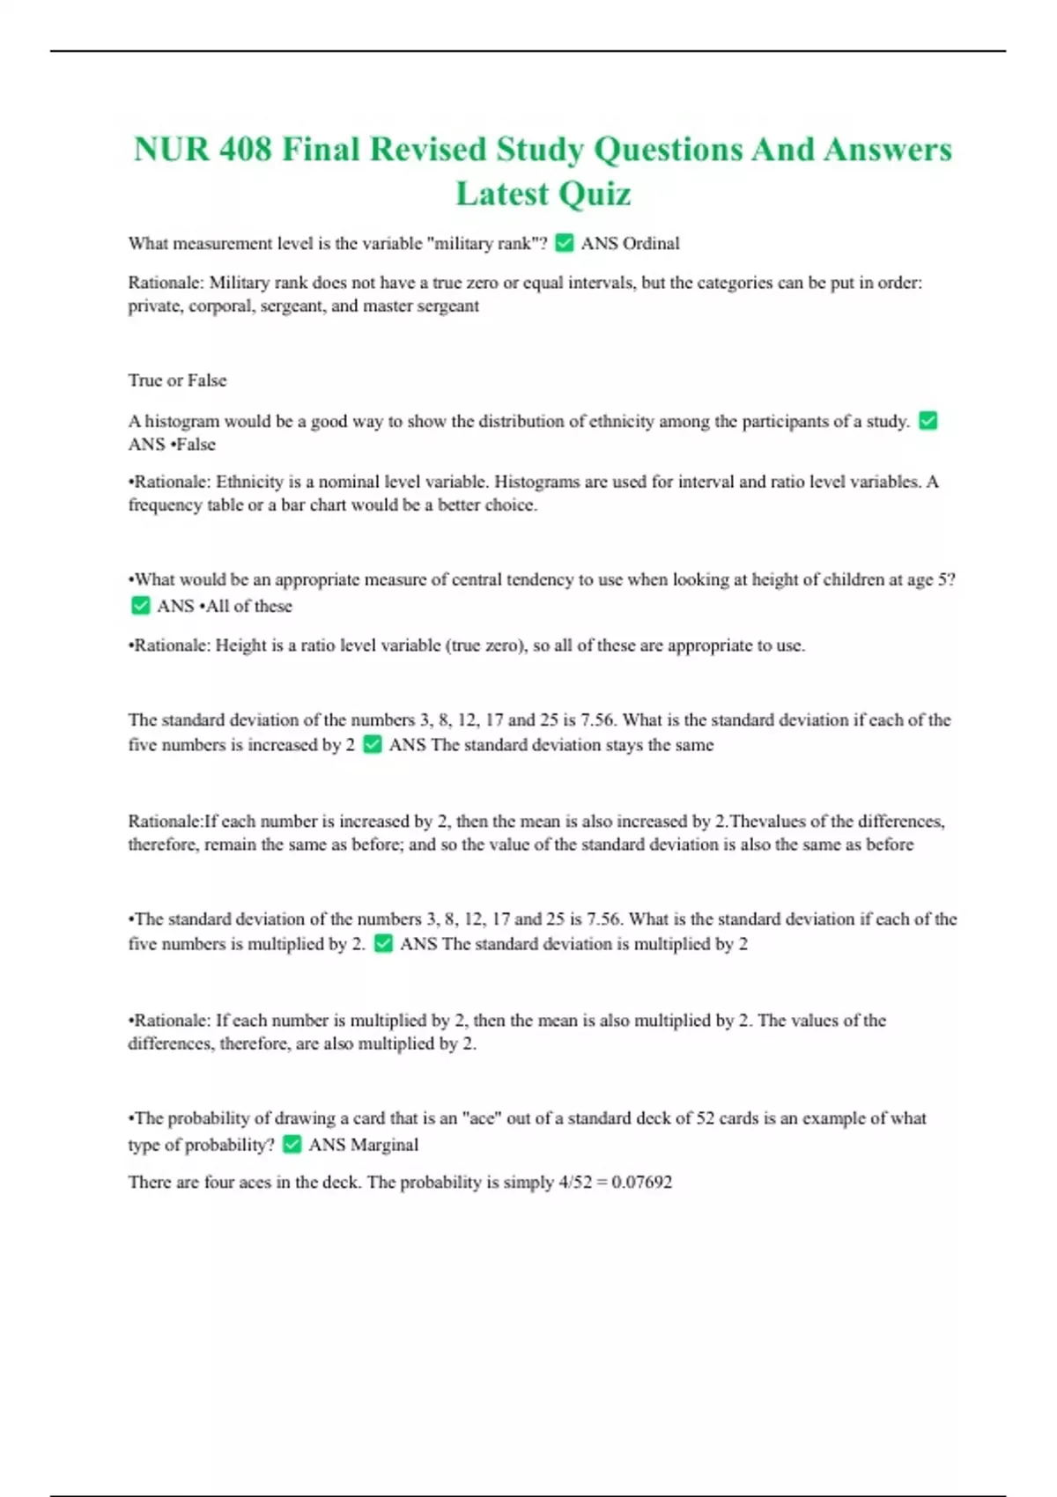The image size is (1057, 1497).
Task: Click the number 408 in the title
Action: pyautogui.click(x=245, y=150)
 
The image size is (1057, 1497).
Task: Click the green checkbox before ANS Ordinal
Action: pyautogui.click(x=565, y=243)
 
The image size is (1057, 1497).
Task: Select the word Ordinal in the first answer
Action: pyautogui.click(x=651, y=243)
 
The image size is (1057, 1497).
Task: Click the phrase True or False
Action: pyautogui.click(x=177, y=380)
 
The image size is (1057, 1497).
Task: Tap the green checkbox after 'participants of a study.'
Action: pyautogui.click(x=928, y=421)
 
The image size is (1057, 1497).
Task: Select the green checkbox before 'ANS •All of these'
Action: pyautogui.click(x=140, y=606)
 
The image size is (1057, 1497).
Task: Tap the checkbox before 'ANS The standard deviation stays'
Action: pyautogui.click(x=373, y=745)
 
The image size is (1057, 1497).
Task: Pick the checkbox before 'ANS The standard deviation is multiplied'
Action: pyautogui.click(x=383, y=944)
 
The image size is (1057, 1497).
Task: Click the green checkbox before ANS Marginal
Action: pyautogui.click(x=292, y=1145)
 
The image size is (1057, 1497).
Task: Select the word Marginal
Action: pyautogui.click(x=384, y=1145)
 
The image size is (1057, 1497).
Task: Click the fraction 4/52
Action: pyautogui.click(x=575, y=1183)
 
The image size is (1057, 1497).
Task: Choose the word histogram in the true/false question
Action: pyautogui.click(x=182, y=421)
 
